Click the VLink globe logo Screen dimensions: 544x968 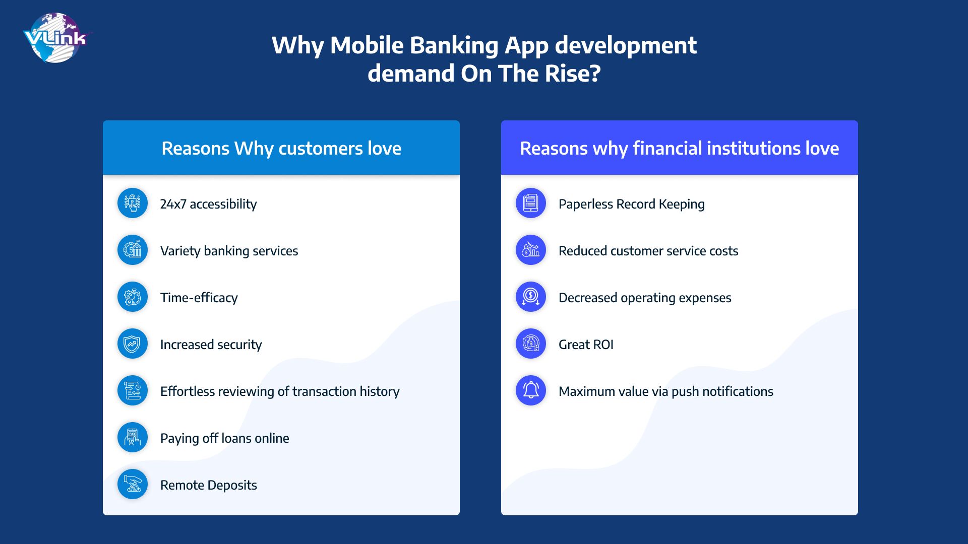click(x=55, y=38)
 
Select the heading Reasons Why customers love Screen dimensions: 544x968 click(x=281, y=149)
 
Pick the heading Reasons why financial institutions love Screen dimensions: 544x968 click(x=679, y=149)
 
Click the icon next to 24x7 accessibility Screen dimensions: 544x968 click(x=133, y=203)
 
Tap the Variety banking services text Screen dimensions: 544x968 click(x=229, y=251)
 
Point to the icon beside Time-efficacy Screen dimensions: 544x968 click(x=133, y=297)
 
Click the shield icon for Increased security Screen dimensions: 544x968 click(x=133, y=344)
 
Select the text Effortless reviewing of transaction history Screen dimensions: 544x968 click(x=280, y=391)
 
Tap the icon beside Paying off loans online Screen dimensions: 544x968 click(x=133, y=437)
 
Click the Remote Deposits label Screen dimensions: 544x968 click(x=208, y=485)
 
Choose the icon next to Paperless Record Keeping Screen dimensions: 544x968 click(x=531, y=203)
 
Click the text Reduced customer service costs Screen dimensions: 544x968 click(x=648, y=251)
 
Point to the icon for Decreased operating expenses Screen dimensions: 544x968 click(x=531, y=297)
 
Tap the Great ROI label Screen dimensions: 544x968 click(x=586, y=345)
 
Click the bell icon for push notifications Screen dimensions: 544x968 click(x=531, y=390)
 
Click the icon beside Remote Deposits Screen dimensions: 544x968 click(x=133, y=484)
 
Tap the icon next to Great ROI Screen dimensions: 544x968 click(x=531, y=344)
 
